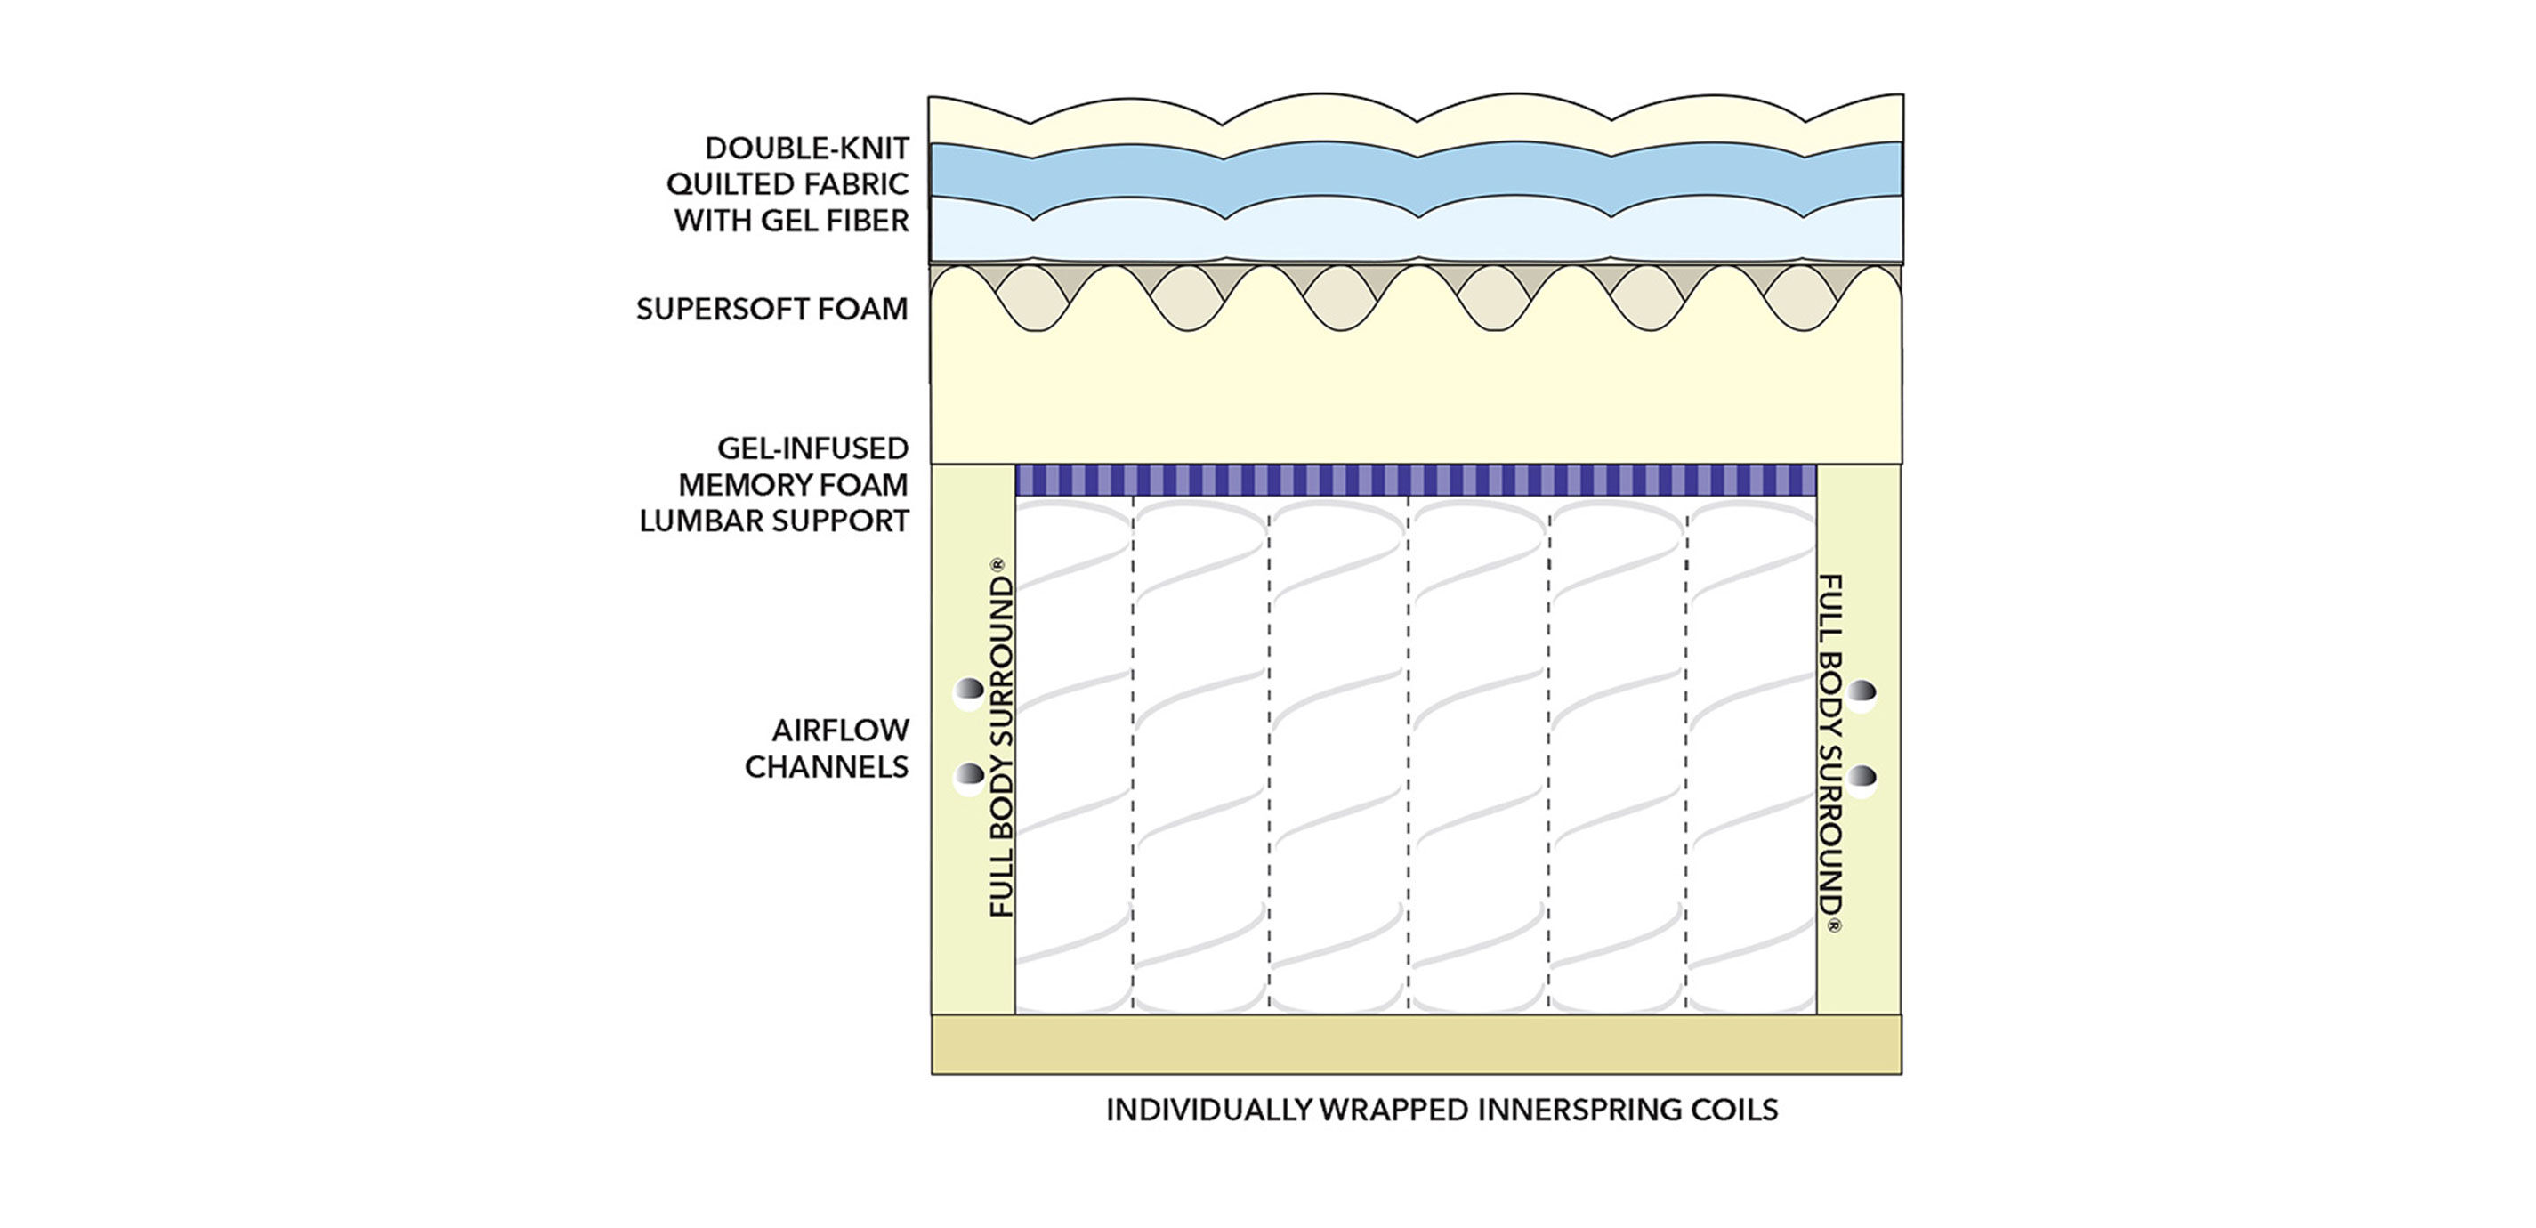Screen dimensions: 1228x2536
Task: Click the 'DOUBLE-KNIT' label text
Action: (x=806, y=149)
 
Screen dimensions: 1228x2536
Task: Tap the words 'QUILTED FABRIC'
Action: (x=787, y=184)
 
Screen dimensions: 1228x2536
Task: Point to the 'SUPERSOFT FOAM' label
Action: (x=771, y=309)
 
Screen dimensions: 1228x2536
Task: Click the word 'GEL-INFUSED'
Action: (x=812, y=449)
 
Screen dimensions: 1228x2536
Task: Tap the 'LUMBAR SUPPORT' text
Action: (x=774, y=521)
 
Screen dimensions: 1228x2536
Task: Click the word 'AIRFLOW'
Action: (x=840, y=731)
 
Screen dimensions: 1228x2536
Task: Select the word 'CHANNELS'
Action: (x=826, y=767)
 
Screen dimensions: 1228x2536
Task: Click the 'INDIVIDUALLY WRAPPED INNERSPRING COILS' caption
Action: (x=1442, y=1111)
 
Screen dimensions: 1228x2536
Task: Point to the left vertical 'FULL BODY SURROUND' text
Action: (x=1000, y=739)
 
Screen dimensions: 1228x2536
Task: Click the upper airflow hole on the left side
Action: (x=969, y=693)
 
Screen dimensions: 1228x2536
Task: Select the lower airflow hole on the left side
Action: (x=969, y=778)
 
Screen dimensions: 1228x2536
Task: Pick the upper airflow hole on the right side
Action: (x=1862, y=693)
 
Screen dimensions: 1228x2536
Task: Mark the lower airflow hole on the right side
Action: (x=1862, y=778)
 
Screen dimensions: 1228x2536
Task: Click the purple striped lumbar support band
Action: (x=1416, y=481)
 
